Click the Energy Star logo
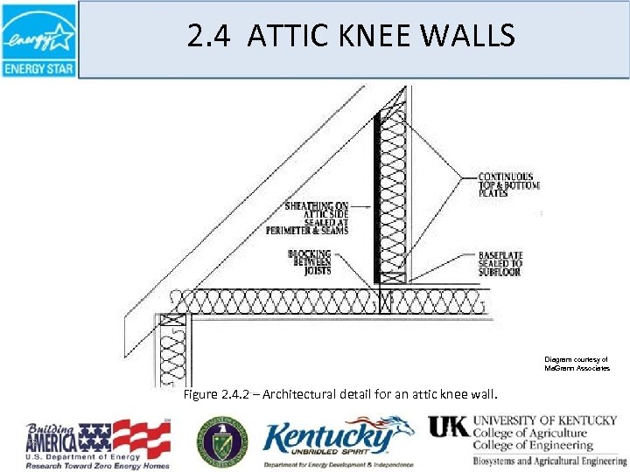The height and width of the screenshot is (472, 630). (x=38, y=39)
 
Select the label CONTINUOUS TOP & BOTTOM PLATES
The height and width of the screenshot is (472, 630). (x=508, y=185)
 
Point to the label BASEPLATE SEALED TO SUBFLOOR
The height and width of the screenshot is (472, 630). (x=500, y=263)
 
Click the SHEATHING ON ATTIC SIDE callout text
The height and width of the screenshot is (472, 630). (x=317, y=219)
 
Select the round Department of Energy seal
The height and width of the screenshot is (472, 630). (x=221, y=439)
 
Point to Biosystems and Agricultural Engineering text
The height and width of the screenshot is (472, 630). (x=541, y=461)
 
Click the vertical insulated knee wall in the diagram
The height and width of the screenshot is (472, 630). (x=393, y=197)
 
